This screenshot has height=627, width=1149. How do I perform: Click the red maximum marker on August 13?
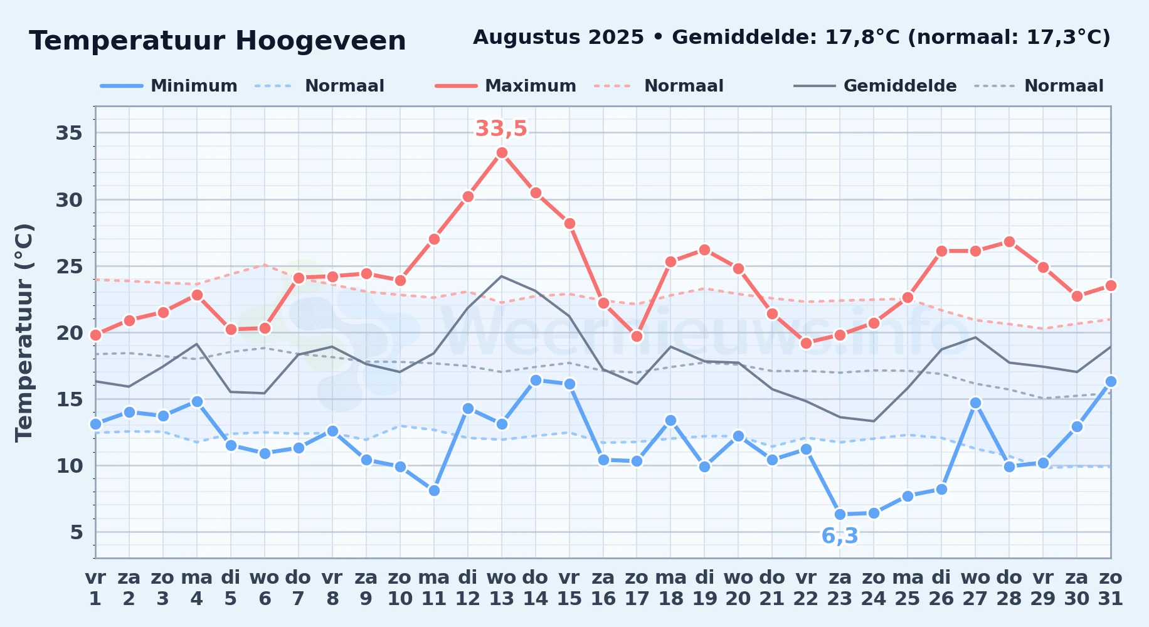502,152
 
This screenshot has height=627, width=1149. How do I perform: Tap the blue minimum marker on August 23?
840,514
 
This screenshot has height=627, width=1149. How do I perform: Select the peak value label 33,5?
501,129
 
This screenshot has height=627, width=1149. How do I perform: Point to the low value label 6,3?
840,536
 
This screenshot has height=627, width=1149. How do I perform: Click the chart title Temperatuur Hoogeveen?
218,41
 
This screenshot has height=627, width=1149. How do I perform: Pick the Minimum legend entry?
169,86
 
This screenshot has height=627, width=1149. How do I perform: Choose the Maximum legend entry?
506,86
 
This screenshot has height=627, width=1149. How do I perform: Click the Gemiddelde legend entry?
875,86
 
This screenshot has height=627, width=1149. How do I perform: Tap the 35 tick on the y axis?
69,133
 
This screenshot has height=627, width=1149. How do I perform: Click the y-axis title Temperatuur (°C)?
24,332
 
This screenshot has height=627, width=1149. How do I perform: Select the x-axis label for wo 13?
502,588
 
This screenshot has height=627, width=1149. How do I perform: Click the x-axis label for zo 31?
1111,588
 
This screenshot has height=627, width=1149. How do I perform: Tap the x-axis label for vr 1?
95,588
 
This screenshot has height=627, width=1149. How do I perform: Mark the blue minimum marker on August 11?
434,490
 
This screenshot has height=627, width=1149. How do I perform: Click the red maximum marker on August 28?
1009,241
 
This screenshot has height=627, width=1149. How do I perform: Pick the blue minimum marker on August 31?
1111,381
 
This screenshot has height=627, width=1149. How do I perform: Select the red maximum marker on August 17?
637,336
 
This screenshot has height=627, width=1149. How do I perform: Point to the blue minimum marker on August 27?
975,403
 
